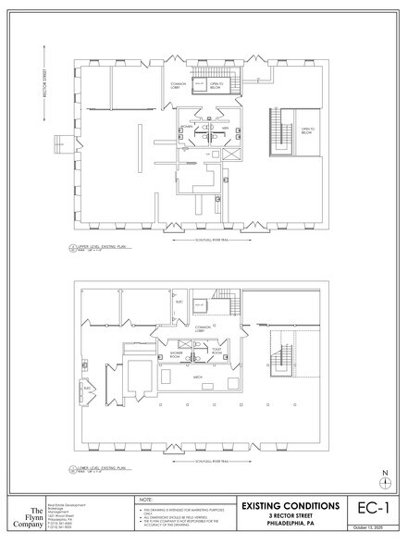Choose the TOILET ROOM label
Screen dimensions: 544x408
216,352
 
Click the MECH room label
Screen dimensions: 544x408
198,377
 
